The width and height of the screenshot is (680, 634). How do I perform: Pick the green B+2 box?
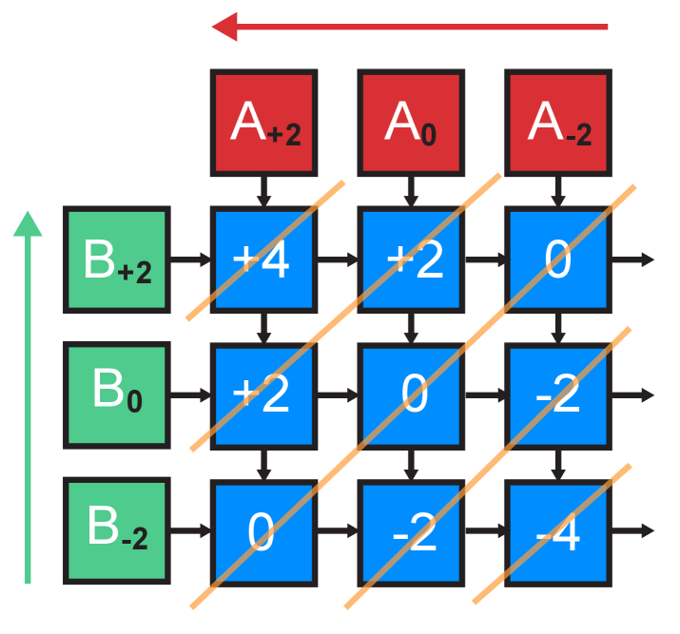117,259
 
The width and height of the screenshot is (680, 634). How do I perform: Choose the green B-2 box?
117,529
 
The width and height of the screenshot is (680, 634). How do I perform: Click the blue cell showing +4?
263,259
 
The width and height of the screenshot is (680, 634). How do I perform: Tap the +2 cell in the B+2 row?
411,259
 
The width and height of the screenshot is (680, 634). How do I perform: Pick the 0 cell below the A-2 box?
557,259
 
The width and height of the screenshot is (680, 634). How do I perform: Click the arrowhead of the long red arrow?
224,27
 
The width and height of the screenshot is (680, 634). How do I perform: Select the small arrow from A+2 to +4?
264,192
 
